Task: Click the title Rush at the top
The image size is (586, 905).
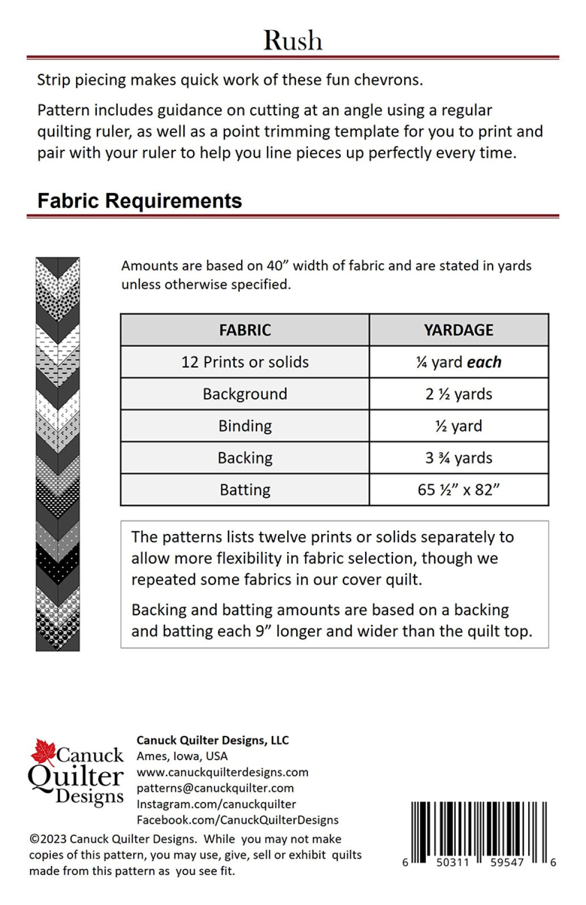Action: [293, 41]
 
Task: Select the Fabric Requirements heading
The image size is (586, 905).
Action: [139, 201]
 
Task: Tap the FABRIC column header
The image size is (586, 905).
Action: [245, 330]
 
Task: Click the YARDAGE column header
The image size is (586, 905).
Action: [459, 330]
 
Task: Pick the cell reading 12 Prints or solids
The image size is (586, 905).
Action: [245, 362]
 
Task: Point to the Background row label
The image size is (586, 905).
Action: [245, 394]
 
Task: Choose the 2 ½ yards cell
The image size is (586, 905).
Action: [459, 394]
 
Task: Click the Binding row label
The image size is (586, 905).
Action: [245, 426]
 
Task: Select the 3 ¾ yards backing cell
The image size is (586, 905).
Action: [459, 458]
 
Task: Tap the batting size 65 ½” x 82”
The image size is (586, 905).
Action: [459, 489]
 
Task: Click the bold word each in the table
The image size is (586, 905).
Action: [484, 362]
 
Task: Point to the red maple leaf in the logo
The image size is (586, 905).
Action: [42, 752]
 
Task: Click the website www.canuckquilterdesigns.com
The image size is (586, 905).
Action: [223, 772]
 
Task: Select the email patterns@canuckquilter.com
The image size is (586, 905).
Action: [215, 788]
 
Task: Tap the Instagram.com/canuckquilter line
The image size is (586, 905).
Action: [216, 804]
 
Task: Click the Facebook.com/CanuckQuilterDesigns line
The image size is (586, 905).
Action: [237, 820]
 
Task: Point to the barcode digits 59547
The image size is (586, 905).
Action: [507, 863]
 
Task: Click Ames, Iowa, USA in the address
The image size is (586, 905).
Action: [182, 756]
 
